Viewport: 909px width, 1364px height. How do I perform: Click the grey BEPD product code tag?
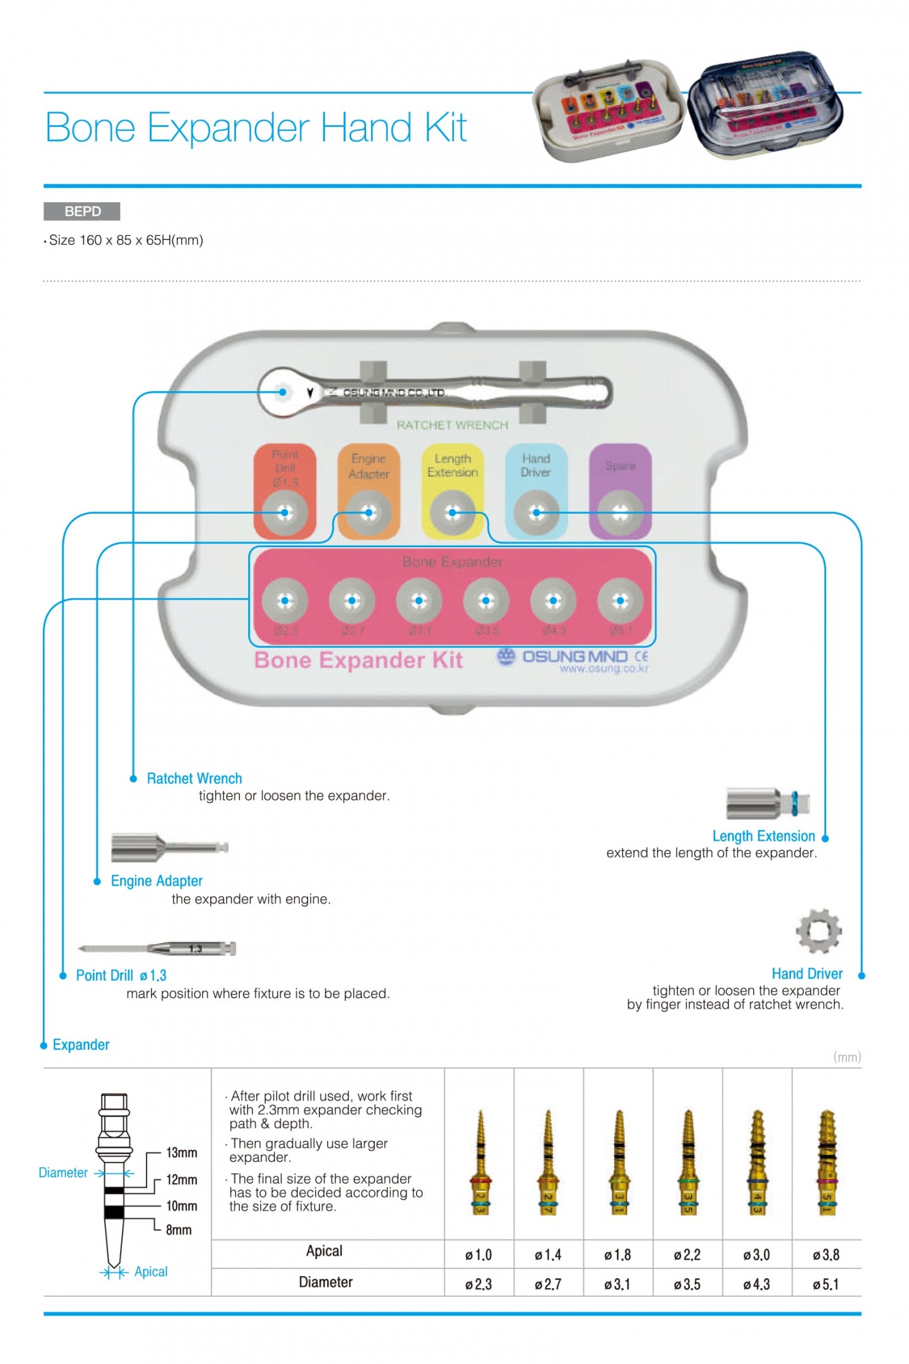(x=81, y=211)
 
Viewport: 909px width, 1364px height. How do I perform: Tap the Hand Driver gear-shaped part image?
(x=818, y=931)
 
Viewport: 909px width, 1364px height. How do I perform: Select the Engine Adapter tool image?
(x=169, y=847)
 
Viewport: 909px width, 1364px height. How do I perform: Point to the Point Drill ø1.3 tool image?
(x=157, y=948)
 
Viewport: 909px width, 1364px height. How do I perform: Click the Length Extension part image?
(x=767, y=804)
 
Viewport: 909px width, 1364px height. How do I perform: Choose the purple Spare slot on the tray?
(x=620, y=491)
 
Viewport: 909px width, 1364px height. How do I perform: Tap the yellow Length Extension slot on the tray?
(x=452, y=491)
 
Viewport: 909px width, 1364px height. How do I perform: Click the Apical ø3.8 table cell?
(x=826, y=1255)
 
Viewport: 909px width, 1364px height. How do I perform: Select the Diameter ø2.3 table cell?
(x=478, y=1284)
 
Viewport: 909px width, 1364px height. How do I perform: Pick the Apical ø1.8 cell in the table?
(x=617, y=1255)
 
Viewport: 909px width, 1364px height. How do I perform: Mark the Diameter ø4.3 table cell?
(x=756, y=1284)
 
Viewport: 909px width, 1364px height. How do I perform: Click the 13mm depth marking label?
(x=181, y=1152)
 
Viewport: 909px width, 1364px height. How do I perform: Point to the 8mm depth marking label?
(x=179, y=1229)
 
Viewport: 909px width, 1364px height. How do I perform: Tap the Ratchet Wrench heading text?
(x=194, y=778)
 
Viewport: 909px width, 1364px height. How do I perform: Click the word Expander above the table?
(x=81, y=1044)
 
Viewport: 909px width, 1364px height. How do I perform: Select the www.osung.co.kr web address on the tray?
(x=603, y=668)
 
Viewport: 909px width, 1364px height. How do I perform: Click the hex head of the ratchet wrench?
(x=283, y=392)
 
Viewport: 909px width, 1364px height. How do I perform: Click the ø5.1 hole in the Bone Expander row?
(x=620, y=601)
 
